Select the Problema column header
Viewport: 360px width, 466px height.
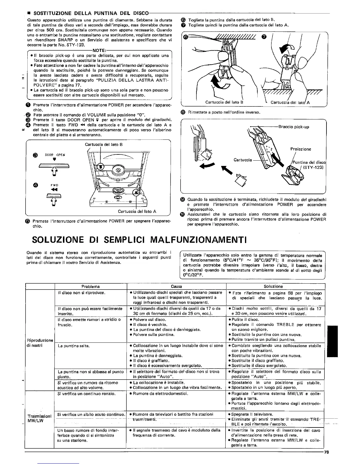91,286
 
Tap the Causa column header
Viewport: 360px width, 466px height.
176,286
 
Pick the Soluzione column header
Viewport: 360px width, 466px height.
273,286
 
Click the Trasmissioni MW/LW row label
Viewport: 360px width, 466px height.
40,418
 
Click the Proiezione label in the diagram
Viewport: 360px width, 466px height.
301,149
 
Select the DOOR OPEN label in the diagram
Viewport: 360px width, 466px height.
55,155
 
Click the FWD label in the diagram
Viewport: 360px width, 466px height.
54,185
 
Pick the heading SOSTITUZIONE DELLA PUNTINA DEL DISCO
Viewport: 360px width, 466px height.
91,13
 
